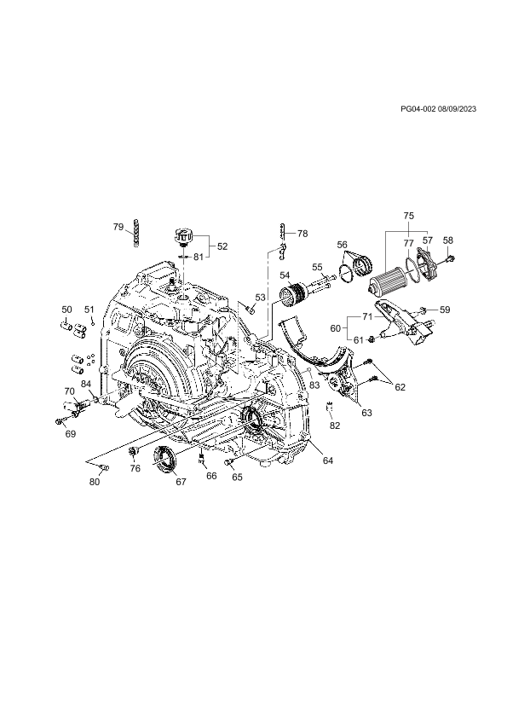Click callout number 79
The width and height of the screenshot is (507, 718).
[118, 226]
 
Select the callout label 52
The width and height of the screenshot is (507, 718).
[222, 246]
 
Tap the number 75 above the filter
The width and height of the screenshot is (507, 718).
[409, 215]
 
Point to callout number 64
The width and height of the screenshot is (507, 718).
[327, 460]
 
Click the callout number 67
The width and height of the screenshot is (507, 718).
[181, 482]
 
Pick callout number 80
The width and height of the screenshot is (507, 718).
[95, 482]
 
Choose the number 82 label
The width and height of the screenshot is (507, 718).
[335, 426]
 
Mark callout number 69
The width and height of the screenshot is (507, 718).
[70, 434]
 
